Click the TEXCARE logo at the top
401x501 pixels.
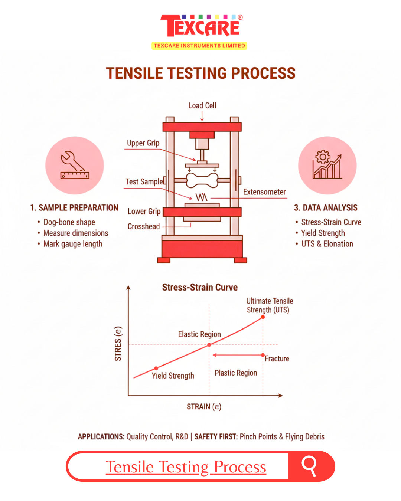click(x=201, y=32)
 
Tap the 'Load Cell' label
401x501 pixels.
click(x=202, y=105)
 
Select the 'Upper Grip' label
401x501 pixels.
click(x=143, y=143)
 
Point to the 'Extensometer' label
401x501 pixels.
click(x=264, y=192)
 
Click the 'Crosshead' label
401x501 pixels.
click(x=144, y=226)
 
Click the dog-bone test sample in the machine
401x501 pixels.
click(x=202, y=180)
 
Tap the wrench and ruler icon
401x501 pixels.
click(x=75, y=165)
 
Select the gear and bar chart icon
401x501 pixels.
click(x=327, y=164)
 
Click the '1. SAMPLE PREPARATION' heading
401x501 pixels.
click(x=74, y=208)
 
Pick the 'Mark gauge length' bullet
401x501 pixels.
click(x=73, y=244)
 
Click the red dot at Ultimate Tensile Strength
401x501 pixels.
click(x=263, y=317)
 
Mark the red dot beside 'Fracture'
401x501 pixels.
click(x=263, y=355)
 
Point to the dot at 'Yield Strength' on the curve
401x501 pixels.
click(x=156, y=368)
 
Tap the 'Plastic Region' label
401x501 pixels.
click(x=236, y=373)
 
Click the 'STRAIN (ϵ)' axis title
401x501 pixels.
click(x=204, y=407)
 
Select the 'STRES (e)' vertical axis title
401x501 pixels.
click(x=118, y=344)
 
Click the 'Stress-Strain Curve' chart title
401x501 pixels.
click(x=200, y=288)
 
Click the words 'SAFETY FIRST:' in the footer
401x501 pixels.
click(x=216, y=437)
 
